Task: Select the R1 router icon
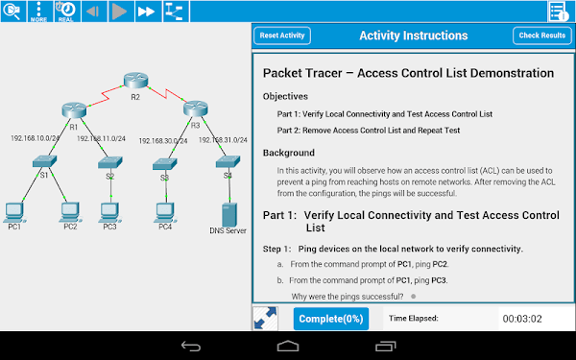73,109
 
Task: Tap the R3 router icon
196,108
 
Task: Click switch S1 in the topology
44,161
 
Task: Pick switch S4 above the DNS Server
228,161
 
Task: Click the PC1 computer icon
14,208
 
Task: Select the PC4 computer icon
165,208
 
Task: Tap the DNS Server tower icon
228,212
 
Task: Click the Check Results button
541,36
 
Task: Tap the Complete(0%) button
330,319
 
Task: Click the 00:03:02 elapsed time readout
522,318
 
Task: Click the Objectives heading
285,96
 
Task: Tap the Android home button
287,346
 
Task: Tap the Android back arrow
192,346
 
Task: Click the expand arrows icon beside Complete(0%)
266,319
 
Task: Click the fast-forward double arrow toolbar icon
146,12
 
